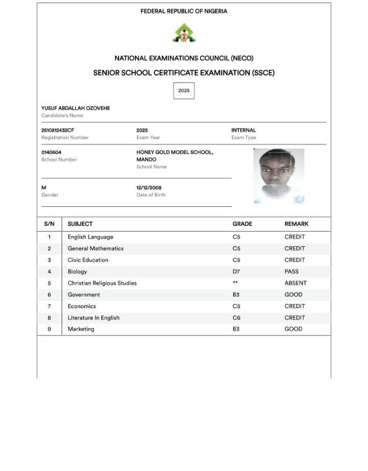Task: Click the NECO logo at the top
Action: tap(183, 33)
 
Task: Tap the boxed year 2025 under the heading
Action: tap(184, 91)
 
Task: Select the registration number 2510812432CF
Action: tap(58, 131)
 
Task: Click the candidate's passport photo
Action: tap(279, 176)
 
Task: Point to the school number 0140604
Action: tap(52, 153)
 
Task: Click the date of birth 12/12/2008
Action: tap(149, 188)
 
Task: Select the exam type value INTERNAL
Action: tap(244, 131)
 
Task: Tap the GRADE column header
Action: tap(242, 224)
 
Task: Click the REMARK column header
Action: tap(296, 224)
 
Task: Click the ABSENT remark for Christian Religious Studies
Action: tap(295, 283)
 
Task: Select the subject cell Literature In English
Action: tap(94, 317)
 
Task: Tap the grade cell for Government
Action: tap(236, 294)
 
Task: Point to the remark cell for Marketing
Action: tap(293, 329)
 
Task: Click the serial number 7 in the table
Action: tap(49, 306)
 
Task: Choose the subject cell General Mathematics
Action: tap(96, 248)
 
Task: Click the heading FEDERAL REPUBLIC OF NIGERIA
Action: tap(184, 11)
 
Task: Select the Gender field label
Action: tap(50, 195)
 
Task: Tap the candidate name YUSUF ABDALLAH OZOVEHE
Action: tap(76, 108)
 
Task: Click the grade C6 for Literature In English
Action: tap(236, 317)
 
